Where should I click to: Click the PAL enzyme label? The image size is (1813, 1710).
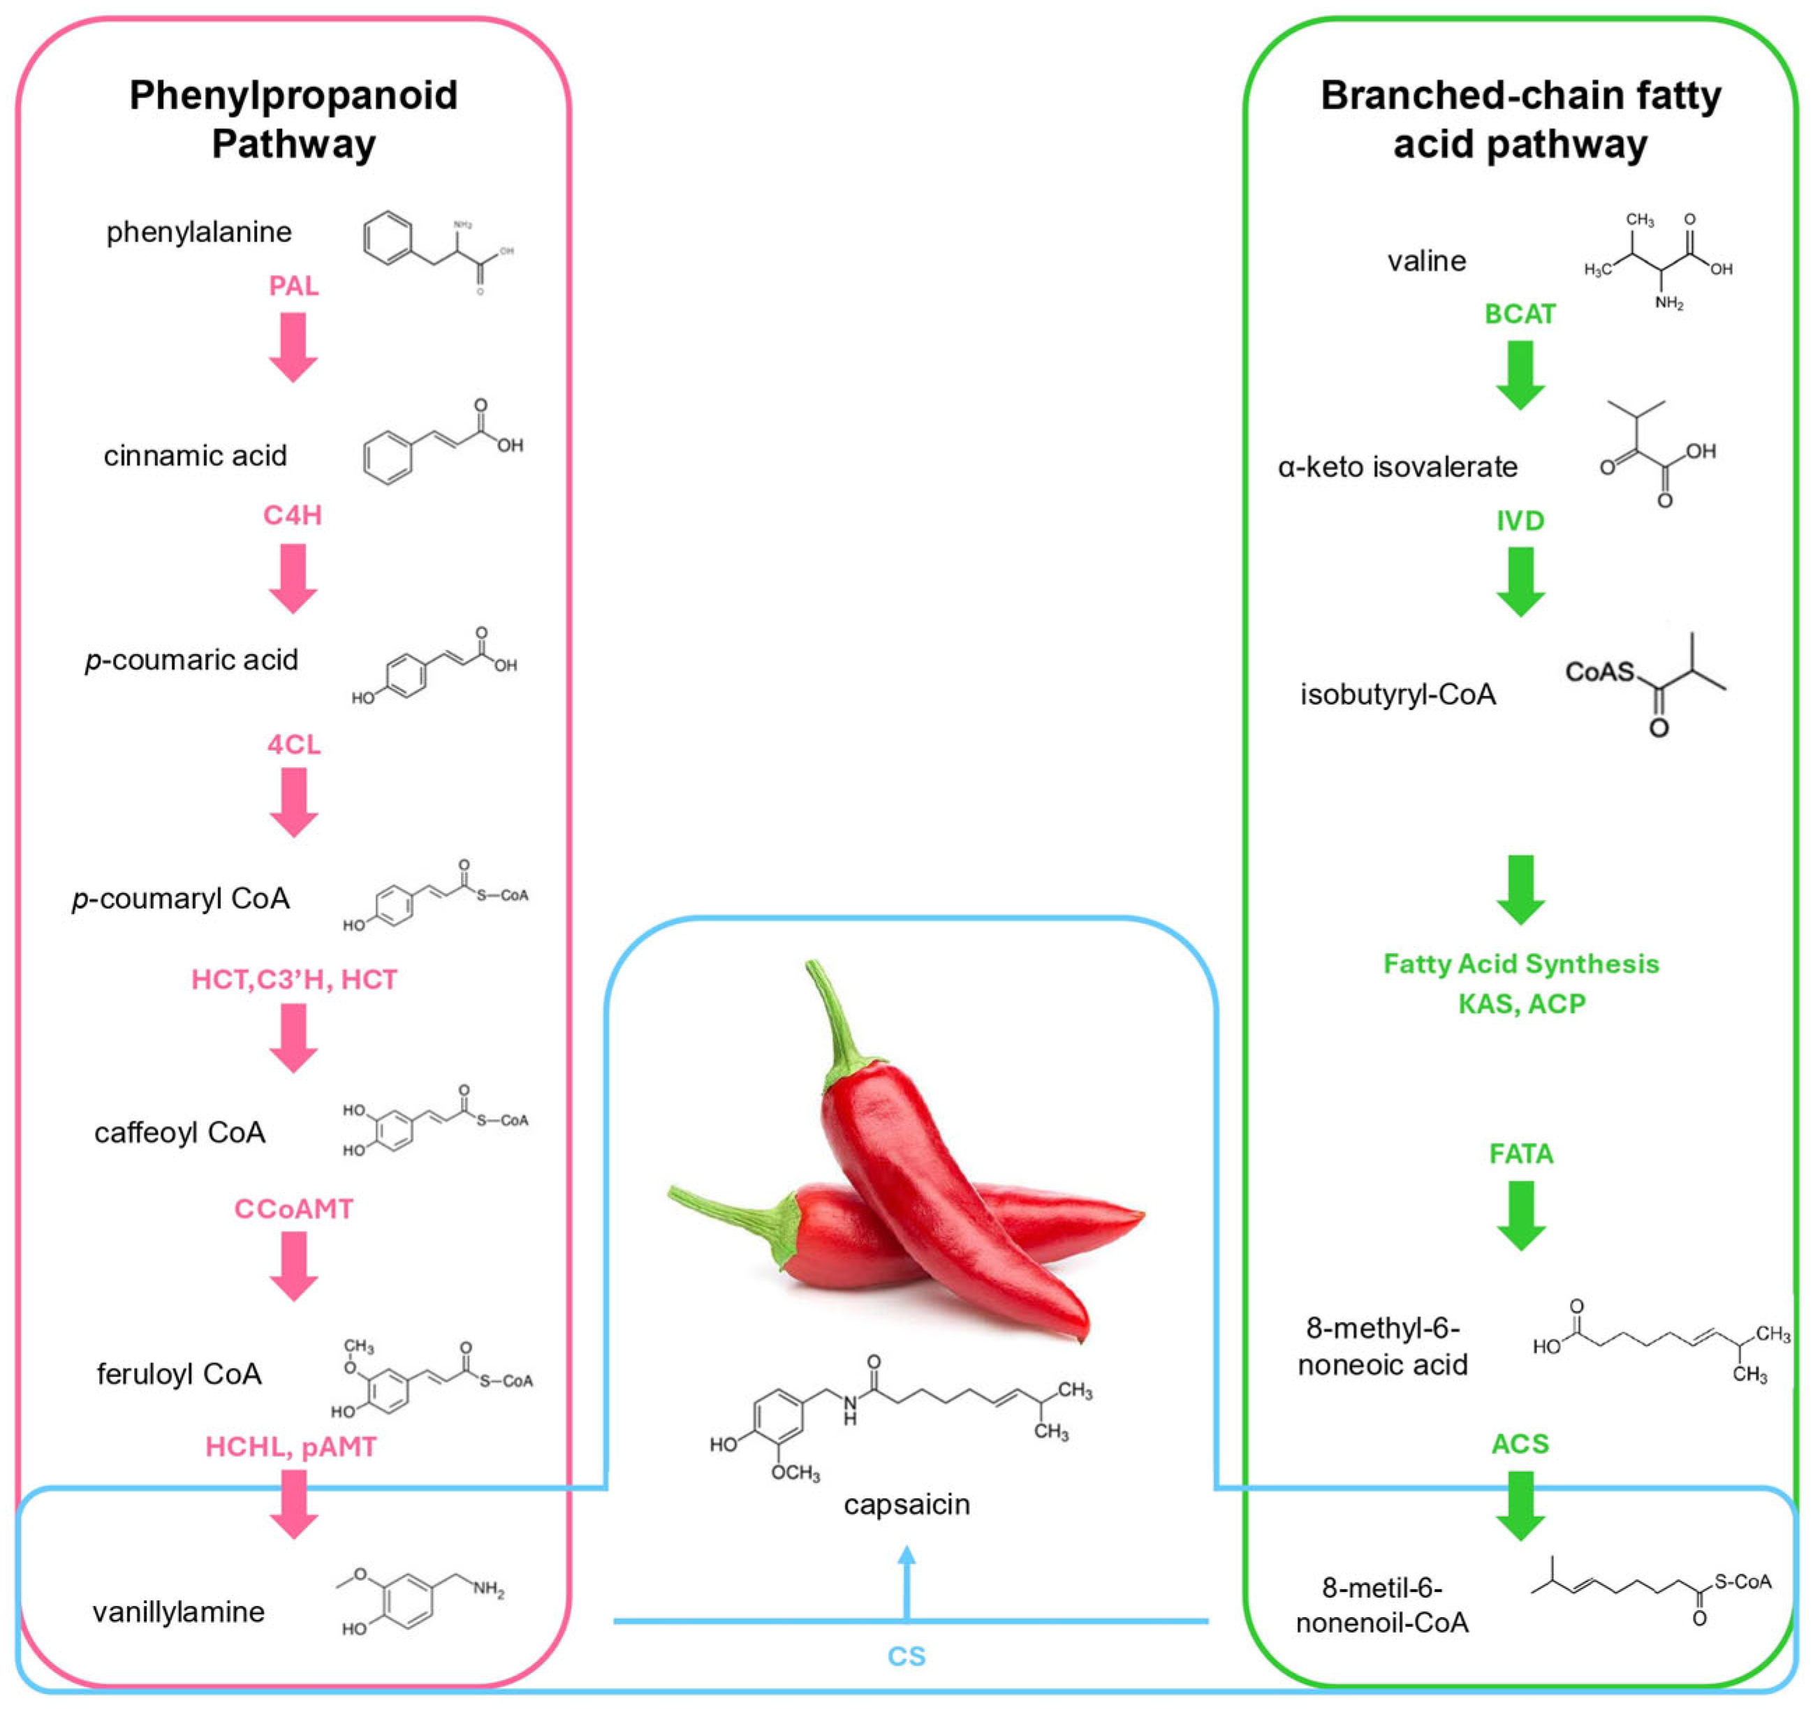pyautogui.click(x=293, y=286)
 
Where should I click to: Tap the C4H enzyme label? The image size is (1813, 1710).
pyautogui.click(x=293, y=515)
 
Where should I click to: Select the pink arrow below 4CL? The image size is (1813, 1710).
pyautogui.click(x=293, y=802)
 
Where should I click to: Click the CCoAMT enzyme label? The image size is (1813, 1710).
pyautogui.click(x=293, y=1209)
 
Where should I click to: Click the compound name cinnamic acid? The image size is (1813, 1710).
pyautogui.click(x=195, y=455)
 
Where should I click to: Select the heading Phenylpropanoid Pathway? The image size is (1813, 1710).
pyautogui.click(x=293, y=119)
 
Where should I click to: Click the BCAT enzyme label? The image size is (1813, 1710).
pyautogui.click(x=1520, y=314)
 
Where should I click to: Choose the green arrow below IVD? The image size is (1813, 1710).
pyautogui.click(x=1520, y=582)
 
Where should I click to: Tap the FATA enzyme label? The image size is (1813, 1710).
pyautogui.click(x=1520, y=1155)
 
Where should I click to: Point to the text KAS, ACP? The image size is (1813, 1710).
pyautogui.click(x=1521, y=1004)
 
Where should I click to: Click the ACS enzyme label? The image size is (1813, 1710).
pyautogui.click(x=1520, y=1445)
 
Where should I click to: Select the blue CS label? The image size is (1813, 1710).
pyautogui.click(x=906, y=1656)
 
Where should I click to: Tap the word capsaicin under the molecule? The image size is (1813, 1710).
pyautogui.click(x=906, y=1504)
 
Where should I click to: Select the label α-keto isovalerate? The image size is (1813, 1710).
pyautogui.click(x=1397, y=467)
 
